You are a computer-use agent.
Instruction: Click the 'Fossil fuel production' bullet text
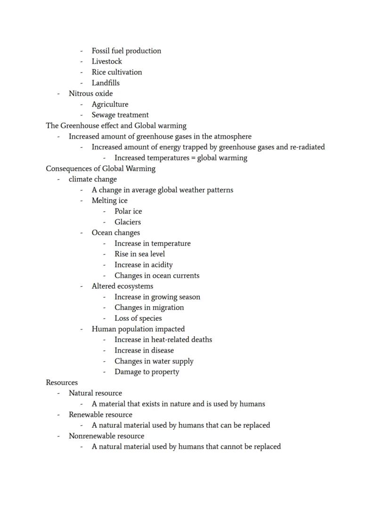click(126, 51)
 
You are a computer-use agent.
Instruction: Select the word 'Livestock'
click(106, 61)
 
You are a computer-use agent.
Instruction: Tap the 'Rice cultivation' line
click(116, 72)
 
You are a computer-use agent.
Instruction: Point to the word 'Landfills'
click(106, 83)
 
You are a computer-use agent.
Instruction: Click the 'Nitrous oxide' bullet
click(90, 93)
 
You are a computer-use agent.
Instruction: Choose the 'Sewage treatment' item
click(120, 115)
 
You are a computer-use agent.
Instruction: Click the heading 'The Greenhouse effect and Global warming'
click(116, 126)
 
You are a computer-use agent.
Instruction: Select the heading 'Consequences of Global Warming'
click(100, 168)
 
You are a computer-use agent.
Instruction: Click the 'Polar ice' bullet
click(128, 211)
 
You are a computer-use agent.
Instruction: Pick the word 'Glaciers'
click(127, 222)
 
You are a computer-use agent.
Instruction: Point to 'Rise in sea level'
click(139, 254)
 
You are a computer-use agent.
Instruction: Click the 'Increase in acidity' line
click(143, 265)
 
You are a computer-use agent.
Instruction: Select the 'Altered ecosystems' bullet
click(122, 286)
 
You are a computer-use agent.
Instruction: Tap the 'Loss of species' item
click(138, 318)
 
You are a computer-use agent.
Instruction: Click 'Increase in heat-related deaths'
click(163, 339)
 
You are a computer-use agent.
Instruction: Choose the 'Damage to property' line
click(146, 372)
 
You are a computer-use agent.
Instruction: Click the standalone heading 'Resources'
click(62, 382)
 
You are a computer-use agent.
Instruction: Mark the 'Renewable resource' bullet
click(100, 415)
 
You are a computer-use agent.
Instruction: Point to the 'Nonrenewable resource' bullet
click(106, 436)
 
